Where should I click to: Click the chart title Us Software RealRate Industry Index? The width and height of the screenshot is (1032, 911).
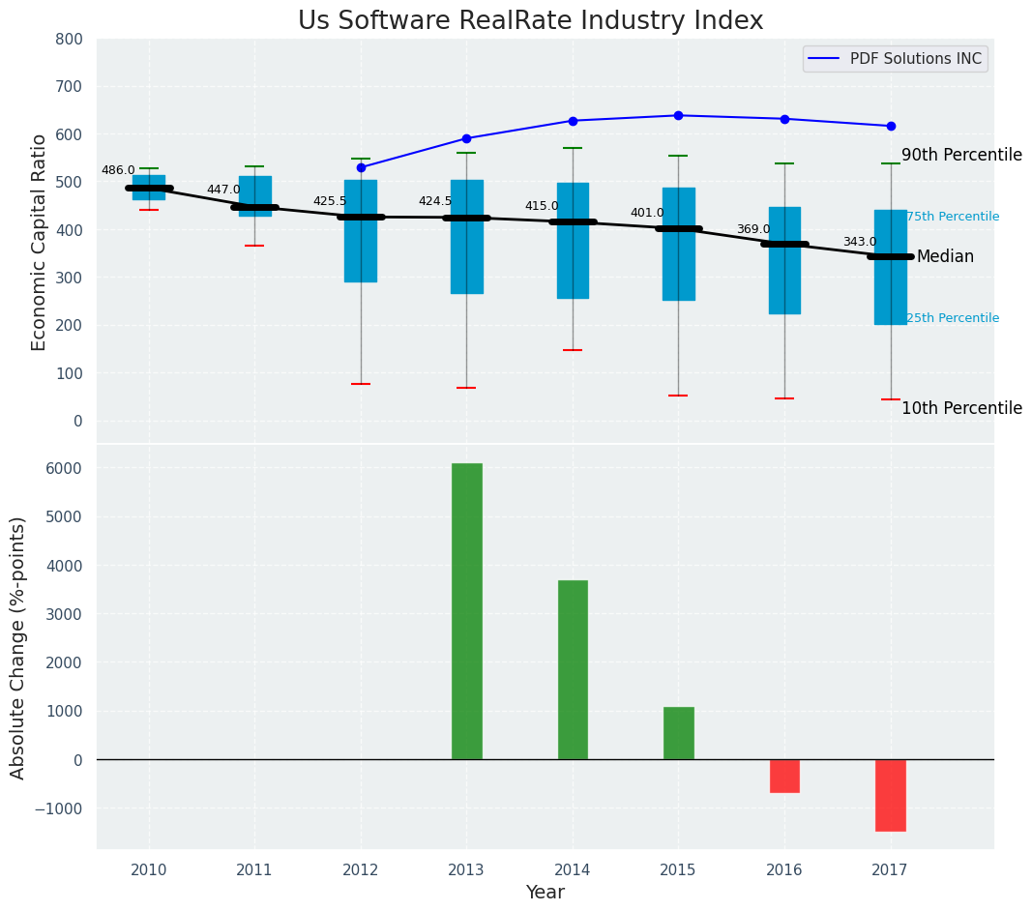point(530,21)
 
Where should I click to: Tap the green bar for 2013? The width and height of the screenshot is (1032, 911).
point(466,611)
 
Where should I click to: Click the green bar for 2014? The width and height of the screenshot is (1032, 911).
point(573,669)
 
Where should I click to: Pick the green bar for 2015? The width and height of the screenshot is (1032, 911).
point(678,733)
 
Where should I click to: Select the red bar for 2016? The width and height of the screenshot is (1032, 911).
point(784,776)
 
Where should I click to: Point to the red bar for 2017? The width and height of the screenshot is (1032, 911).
point(890,795)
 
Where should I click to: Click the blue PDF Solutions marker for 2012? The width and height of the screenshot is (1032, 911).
point(361,167)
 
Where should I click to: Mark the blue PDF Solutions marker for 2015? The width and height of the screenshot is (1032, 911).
point(678,115)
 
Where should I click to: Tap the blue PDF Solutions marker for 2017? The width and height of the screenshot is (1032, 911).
point(890,126)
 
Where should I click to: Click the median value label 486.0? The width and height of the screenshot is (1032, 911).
point(118,170)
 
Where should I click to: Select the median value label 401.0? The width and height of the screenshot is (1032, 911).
point(647,213)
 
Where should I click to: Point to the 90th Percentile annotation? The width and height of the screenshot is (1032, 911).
point(961,155)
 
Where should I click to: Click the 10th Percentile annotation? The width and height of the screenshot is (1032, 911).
point(961,408)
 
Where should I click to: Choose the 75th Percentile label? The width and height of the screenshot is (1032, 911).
point(953,217)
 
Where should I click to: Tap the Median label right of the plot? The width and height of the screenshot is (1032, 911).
point(945,256)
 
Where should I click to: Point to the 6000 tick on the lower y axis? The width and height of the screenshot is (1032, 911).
point(63,468)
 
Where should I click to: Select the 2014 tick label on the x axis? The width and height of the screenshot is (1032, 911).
point(573,870)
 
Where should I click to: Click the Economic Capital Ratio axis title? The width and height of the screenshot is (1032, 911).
point(40,242)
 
